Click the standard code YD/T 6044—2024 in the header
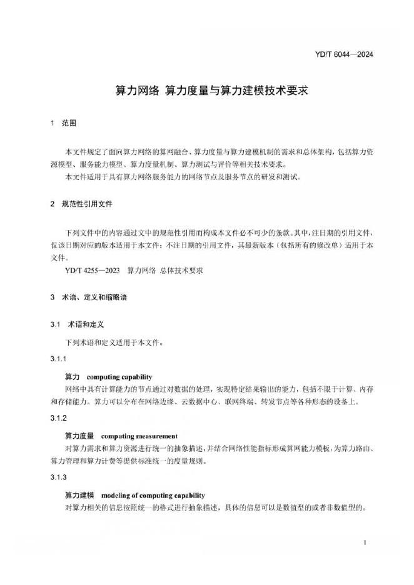tap(343, 54)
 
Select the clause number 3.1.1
tap(58, 359)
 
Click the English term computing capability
tap(119, 377)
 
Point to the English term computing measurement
tap(139, 436)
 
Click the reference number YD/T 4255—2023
tap(92, 271)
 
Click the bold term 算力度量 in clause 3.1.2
tap(79, 436)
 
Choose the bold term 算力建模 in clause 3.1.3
tap(79, 495)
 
